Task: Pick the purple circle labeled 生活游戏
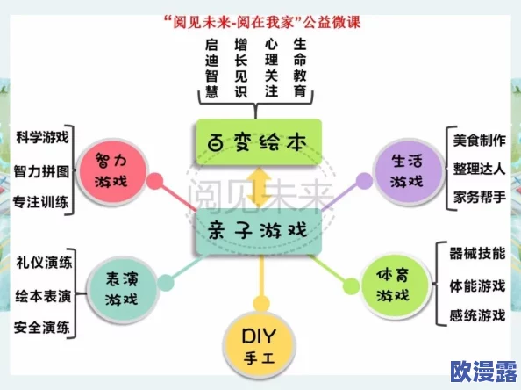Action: click(x=405, y=170)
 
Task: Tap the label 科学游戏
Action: click(x=42, y=138)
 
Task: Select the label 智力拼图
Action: click(x=42, y=170)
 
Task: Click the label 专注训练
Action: click(x=42, y=201)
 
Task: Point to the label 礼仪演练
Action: click(x=44, y=263)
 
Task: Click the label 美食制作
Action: click(x=479, y=140)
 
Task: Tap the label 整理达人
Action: click(x=479, y=168)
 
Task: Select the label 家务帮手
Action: click(x=479, y=196)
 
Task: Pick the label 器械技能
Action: click(x=477, y=254)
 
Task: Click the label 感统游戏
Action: click(x=477, y=315)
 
